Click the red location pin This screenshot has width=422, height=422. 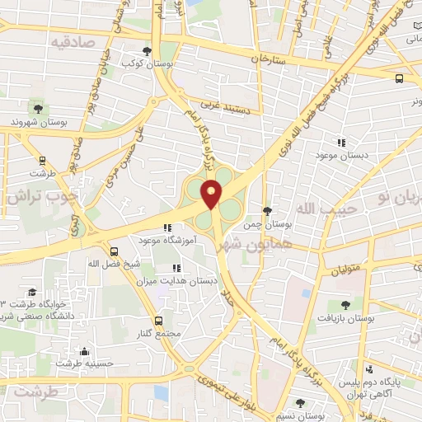pyautogui.click(x=212, y=194)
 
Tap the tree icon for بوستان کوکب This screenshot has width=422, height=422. pyautogui.click(x=147, y=50)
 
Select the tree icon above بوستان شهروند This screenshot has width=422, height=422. pyautogui.click(x=37, y=107)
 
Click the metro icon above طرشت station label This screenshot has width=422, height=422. pyautogui.click(x=41, y=161)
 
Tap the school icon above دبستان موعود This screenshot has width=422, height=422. pyautogui.click(x=340, y=142)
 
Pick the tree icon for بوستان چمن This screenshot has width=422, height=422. pyautogui.click(x=266, y=211)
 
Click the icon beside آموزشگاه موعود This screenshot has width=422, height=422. pyautogui.click(x=167, y=228)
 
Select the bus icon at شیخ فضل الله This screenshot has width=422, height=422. pyautogui.click(x=113, y=251)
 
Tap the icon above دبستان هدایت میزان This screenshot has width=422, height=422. pyautogui.click(x=176, y=268)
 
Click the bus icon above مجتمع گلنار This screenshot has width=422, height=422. pyautogui.click(x=159, y=320)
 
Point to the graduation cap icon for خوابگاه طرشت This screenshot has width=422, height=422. pyautogui.click(x=31, y=292)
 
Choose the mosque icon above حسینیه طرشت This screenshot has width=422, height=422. pyautogui.click(x=83, y=350)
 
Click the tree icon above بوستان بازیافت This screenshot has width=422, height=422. pyautogui.click(x=345, y=305)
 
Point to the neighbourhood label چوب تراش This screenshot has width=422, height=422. pyautogui.click(x=41, y=198)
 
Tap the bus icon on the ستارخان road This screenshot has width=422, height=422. pyautogui.click(x=399, y=78)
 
